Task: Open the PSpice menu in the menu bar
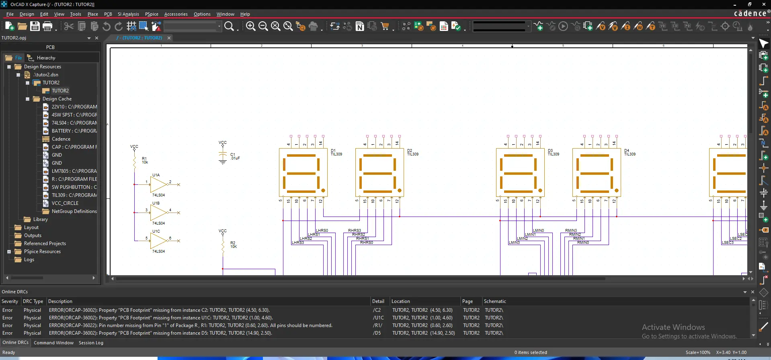click(152, 14)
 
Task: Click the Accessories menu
click(176, 14)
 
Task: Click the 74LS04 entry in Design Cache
click(74, 123)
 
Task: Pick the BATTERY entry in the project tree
click(74, 131)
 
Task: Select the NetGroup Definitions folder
click(74, 211)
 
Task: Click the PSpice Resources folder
click(42, 252)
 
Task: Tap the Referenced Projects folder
click(45, 243)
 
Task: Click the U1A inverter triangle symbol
click(158, 185)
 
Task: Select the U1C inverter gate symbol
click(158, 241)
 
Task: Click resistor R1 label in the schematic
click(144, 159)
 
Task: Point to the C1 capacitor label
click(232, 155)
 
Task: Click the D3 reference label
click(550, 151)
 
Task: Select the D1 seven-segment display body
click(303, 173)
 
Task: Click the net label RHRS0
click(366, 243)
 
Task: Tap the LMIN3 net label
click(514, 243)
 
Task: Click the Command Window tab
click(53, 343)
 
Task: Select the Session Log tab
click(91, 343)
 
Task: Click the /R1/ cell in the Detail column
click(377, 325)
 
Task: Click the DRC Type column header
click(33, 301)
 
